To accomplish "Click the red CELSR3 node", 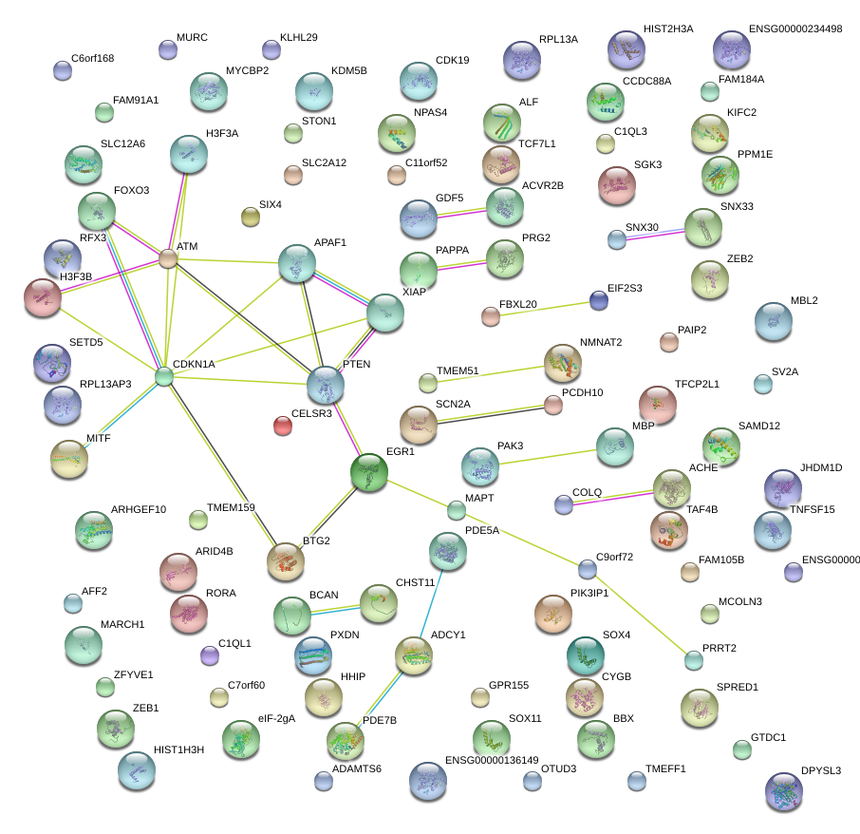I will [283, 426].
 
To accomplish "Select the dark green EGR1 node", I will [369, 472].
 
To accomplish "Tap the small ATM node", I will [168, 258].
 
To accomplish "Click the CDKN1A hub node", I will [164, 377].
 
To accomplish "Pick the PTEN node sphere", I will [326, 386].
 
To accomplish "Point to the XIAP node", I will [384, 313].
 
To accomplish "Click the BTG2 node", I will [286, 561].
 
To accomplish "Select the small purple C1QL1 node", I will [210, 655].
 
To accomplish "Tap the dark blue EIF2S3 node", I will [598, 301].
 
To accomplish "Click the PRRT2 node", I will [695, 661].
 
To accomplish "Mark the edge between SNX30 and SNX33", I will [659, 233].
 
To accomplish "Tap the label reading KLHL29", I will [298, 37].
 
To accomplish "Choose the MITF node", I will [69, 459].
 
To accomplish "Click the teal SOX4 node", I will [585, 654].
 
